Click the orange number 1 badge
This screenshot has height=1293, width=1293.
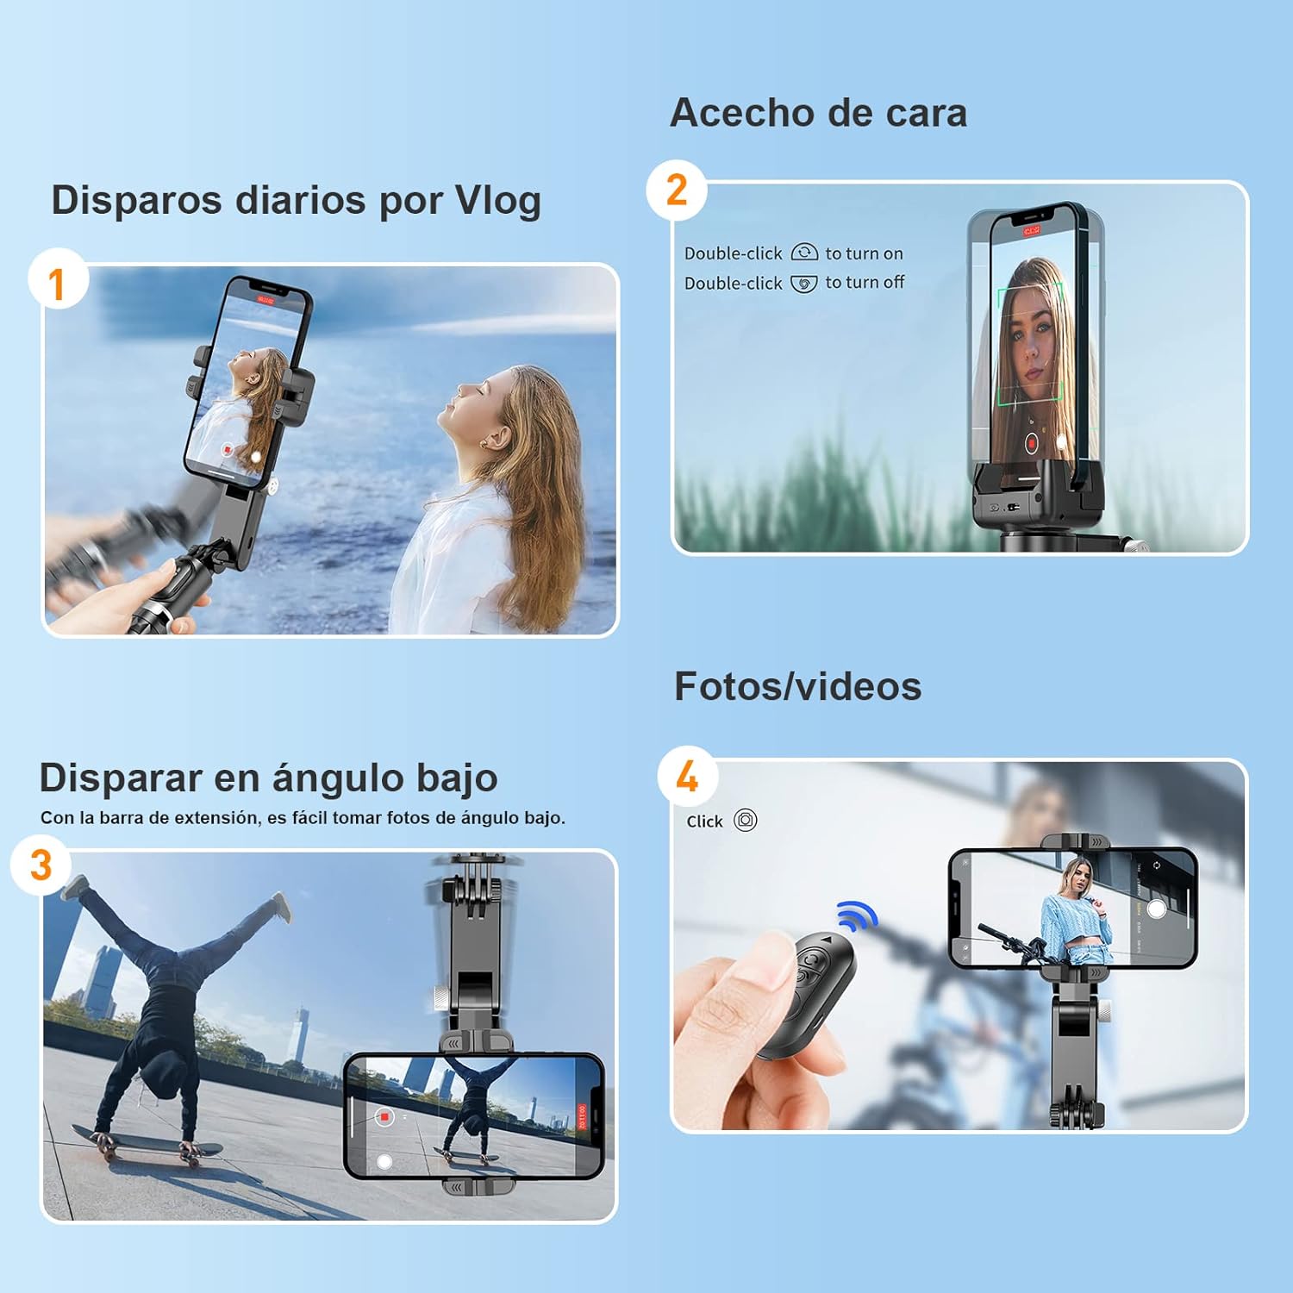coord(57,283)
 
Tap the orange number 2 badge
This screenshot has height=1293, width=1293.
coord(678,190)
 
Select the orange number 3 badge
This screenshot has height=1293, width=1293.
coord(41,865)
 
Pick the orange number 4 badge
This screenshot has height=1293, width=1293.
coord(687,776)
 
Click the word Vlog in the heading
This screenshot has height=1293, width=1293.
coord(498,200)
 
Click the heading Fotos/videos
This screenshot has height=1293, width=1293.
coord(797,687)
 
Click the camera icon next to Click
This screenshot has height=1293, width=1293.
coord(746,820)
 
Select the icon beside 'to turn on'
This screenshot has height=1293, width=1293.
coord(804,253)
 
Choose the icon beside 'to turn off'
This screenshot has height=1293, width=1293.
coord(803,284)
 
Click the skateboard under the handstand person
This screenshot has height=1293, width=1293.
coord(147,1142)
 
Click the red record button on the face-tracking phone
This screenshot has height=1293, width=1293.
coord(1031,443)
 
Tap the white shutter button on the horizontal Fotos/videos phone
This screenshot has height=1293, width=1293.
coord(1157,909)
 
